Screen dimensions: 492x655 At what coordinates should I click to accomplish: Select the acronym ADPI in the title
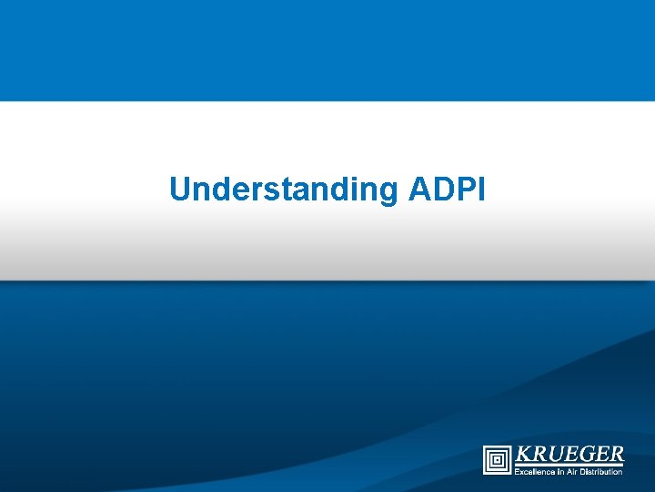point(448,189)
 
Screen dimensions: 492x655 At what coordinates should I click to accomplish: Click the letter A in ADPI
point(419,189)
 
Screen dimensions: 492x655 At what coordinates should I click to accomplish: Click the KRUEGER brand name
point(569,454)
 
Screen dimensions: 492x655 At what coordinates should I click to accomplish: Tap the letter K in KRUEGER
point(522,454)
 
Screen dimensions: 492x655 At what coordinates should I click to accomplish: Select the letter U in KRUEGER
point(553,454)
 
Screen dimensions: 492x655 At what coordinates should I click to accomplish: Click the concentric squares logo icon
point(497,459)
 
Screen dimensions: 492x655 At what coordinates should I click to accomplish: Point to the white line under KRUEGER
point(569,466)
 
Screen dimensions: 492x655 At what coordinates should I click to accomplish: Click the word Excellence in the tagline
point(533,471)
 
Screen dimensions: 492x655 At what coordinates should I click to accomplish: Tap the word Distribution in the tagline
point(602,471)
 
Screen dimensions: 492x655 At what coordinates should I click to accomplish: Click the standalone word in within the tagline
point(560,471)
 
